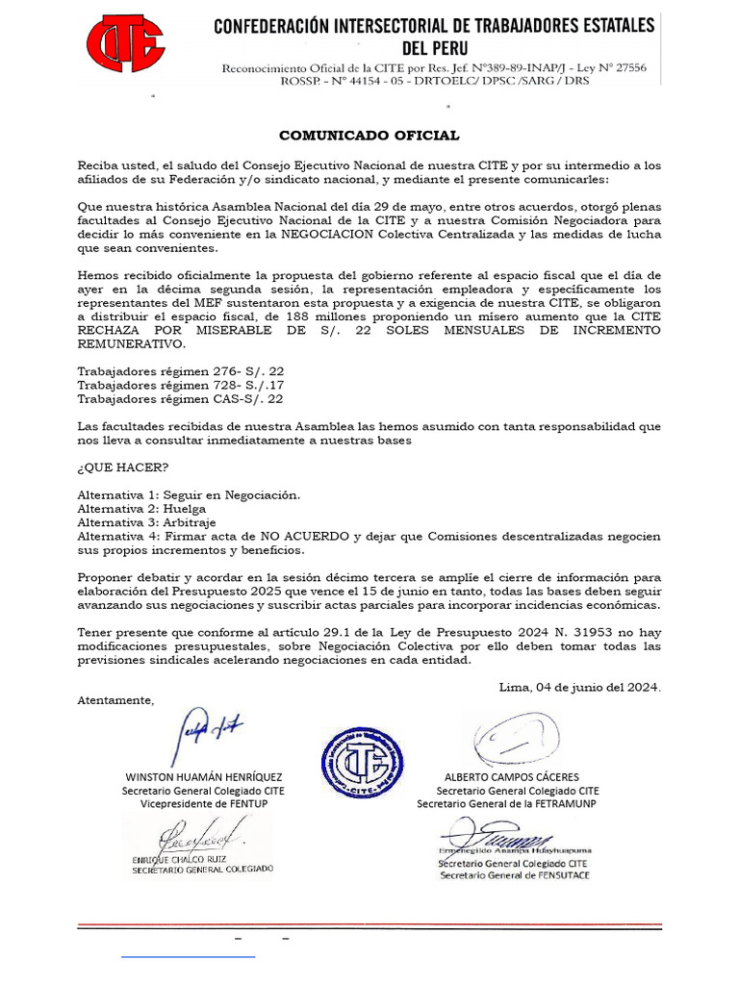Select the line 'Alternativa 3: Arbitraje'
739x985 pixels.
point(146,522)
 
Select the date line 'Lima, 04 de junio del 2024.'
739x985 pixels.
point(579,687)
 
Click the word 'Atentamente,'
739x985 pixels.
point(115,700)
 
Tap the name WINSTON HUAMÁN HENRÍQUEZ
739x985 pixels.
point(203,776)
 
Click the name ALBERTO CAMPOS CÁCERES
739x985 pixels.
point(511,776)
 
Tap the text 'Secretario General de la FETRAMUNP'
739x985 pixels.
point(506,803)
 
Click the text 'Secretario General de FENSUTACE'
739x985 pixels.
point(515,874)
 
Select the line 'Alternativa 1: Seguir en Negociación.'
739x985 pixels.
point(189,494)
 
